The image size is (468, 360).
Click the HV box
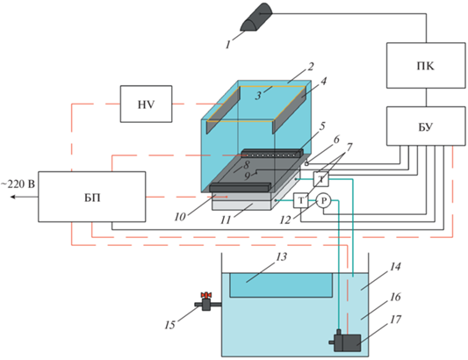tap(146, 104)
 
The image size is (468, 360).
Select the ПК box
tap(426, 65)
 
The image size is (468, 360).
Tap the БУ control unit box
tap(426, 126)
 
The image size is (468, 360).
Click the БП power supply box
tap(92, 197)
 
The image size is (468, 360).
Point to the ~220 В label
tap(18, 184)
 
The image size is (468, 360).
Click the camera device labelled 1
tap(256, 17)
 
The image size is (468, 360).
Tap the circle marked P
tap(323, 201)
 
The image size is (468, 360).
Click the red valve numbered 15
tap(206, 301)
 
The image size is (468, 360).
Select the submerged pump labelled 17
tap(347, 341)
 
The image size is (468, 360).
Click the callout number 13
tap(281, 256)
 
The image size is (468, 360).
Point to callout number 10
tap(180, 217)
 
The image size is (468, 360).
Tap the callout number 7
tap(349, 147)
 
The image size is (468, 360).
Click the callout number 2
tap(311, 66)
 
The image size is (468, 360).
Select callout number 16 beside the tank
tap(395, 297)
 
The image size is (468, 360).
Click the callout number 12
tap(285, 220)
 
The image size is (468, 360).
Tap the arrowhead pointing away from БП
tap(12, 197)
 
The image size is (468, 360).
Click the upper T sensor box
tap(321, 179)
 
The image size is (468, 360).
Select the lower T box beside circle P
tap(301, 200)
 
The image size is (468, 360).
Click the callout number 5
tap(322, 126)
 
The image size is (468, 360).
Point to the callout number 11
tap(226, 220)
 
